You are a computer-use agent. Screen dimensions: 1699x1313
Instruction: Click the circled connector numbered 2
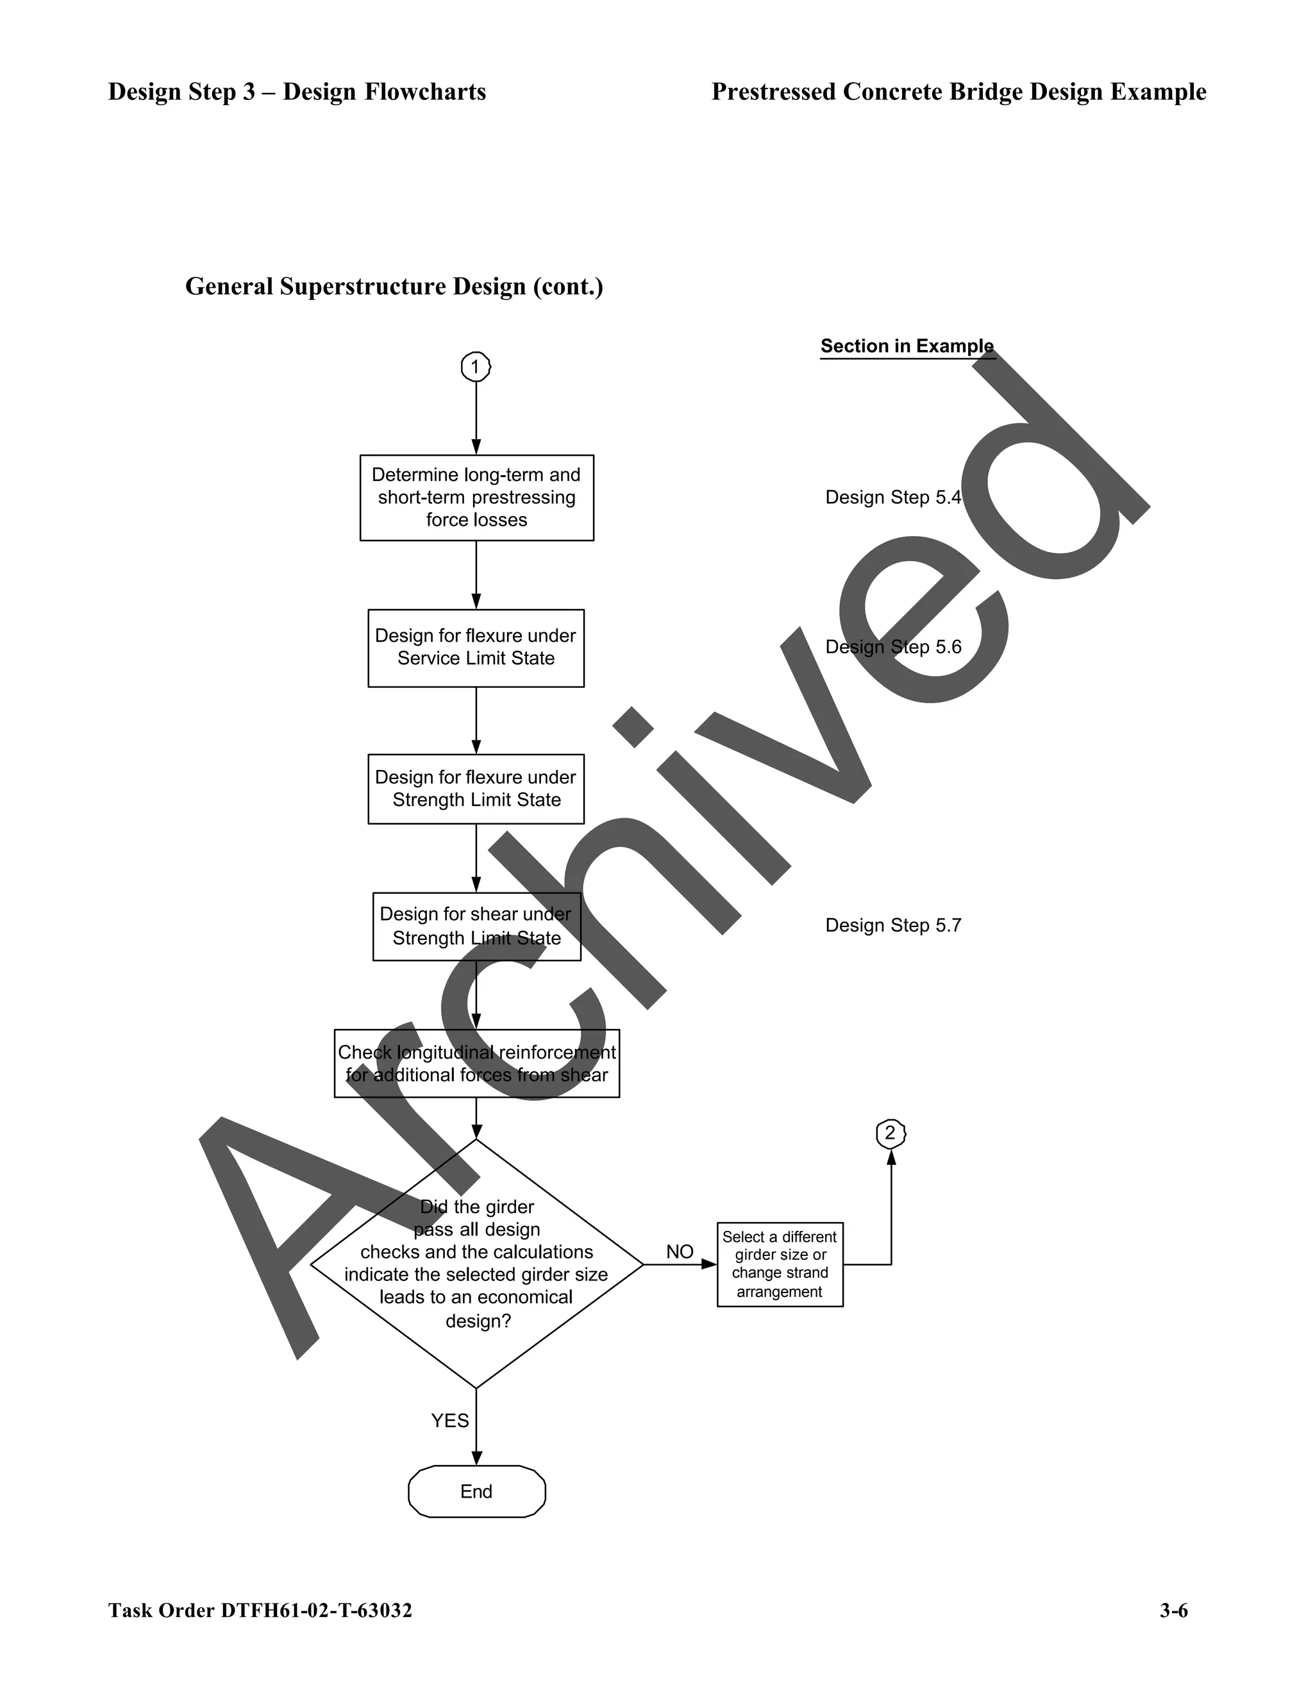coord(891,1133)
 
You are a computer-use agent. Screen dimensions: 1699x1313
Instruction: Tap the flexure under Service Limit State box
coord(476,648)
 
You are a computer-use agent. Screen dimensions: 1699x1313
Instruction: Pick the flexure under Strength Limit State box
coord(476,788)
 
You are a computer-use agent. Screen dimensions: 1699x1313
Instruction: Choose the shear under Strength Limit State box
coord(476,926)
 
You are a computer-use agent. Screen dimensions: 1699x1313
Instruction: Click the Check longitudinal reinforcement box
coord(476,1064)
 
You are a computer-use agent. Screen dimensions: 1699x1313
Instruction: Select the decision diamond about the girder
coord(476,1264)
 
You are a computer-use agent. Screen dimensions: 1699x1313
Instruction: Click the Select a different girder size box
coord(780,1264)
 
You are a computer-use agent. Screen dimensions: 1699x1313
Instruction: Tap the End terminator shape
coord(476,1491)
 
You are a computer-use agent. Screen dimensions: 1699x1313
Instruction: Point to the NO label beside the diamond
coord(679,1251)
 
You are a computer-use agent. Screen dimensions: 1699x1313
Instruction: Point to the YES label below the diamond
coord(449,1421)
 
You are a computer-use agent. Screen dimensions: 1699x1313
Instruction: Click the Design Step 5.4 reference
coord(893,497)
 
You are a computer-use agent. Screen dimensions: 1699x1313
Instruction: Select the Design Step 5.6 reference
coord(893,648)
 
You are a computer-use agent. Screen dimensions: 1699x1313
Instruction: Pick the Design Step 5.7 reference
coord(893,925)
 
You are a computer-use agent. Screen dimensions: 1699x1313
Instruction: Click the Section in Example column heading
coord(907,346)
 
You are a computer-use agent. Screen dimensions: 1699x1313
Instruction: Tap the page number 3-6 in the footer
coord(1173,1611)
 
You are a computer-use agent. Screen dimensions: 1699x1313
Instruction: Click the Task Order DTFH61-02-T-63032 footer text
coord(260,1611)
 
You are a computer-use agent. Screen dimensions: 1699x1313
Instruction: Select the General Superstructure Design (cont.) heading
coord(394,287)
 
